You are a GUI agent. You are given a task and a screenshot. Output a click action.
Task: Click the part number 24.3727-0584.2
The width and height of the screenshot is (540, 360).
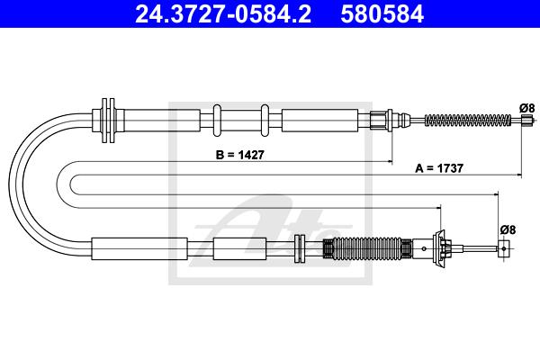pos(223,13)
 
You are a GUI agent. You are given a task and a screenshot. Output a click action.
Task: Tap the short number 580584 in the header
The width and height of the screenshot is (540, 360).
pos(382,13)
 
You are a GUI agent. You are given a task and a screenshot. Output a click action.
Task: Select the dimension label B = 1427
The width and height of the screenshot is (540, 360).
pos(240,155)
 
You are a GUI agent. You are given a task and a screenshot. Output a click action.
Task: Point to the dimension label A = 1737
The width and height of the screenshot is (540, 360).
pos(439,168)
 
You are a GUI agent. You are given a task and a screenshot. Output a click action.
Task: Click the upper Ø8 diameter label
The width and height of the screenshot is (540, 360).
pos(526,108)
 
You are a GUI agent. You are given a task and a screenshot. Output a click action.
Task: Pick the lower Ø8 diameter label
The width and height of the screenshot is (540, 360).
pos(508,229)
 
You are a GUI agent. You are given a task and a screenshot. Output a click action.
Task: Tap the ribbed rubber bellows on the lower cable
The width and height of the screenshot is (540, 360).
pos(367,248)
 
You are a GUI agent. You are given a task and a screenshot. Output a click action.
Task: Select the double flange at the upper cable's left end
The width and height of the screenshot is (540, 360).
pos(108,120)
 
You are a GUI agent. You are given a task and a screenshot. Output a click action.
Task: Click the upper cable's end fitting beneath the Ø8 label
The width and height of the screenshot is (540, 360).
pos(526,121)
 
